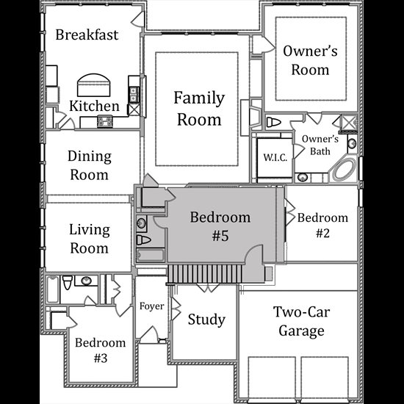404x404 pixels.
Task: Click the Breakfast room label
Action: click(x=87, y=35)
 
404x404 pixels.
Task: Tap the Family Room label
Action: click(x=199, y=109)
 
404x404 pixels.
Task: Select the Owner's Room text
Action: click(x=310, y=60)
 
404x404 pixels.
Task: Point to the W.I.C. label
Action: click(x=275, y=157)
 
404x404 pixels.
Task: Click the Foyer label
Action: click(x=152, y=306)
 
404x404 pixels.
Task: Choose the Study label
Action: click(x=206, y=320)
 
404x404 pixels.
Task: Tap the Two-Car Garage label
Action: click(x=301, y=321)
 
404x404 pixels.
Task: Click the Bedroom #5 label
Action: click(x=220, y=226)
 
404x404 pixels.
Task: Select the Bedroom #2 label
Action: click(x=322, y=225)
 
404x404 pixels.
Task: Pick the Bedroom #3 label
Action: click(x=101, y=350)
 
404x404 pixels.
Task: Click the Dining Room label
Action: click(x=90, y=165)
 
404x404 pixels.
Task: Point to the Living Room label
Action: click(x=90, y=239)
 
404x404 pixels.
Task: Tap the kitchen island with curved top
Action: click(x=94, y=85)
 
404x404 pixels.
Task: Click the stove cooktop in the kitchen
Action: click(x=105, y=122)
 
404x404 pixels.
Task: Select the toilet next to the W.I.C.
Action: click(x=273, y=123)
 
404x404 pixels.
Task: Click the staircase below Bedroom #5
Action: click(x=205, y=274)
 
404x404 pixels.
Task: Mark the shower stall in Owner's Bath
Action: click(x=349, y=123)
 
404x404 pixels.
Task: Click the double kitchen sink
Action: click(x=134, y=95)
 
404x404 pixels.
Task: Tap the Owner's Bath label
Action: click(x=320, y=145)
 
